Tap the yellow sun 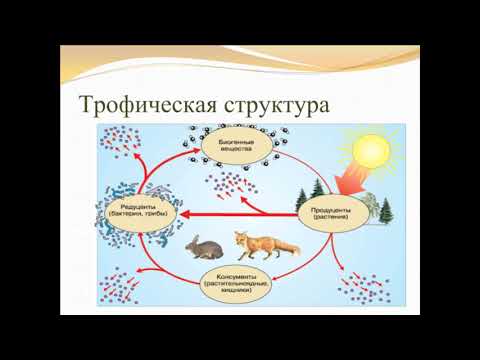pyautogui.click(x=365, y=150)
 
